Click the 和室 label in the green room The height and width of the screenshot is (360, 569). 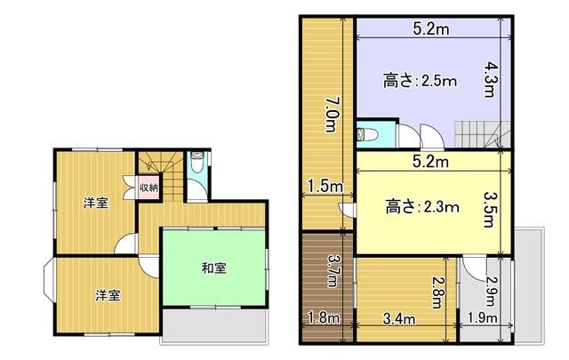pyautogui.click(x=214, y=268)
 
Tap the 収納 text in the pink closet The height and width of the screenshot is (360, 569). pyautogui.click(x=149, y=188)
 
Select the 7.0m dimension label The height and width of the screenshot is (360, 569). pyautogui.click(x=332, y=115)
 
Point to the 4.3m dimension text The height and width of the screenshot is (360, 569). pyautogui.click(x=490, y=79)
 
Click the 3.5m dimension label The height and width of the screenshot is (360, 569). pyautogui.click(x=490, y=210)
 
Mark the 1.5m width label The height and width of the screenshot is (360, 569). pyautogui.click(x=325, y=187)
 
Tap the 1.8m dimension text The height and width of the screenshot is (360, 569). pyautogui.click(x=324, y=318)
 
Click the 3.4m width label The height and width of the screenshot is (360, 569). pyautogui.click(x=399, y=319)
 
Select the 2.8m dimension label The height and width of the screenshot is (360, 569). pyautogui.click(x=438, y=292)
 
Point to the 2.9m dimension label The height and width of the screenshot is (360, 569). pyautogui.click(x=492, y=292)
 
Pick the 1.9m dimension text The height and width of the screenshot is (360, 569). pyautogui.click(x=482, y=318)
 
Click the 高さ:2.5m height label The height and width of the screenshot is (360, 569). pyautogui.click(x=421, y=81)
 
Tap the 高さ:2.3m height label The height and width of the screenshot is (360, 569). pyautogui.click(x=422, y=207)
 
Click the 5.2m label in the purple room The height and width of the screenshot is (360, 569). pyautogui.click(x=431, y=28)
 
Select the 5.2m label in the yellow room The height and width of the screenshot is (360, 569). pyautogui.click(x=430, y=162)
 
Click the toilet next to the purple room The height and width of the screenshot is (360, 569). pyautogui.click(x=367, y=134)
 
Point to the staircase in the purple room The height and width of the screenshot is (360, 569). pyautogui.click(x=483, y=134)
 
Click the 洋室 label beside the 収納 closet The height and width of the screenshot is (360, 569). pyautogui.click(x=96, y=203)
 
